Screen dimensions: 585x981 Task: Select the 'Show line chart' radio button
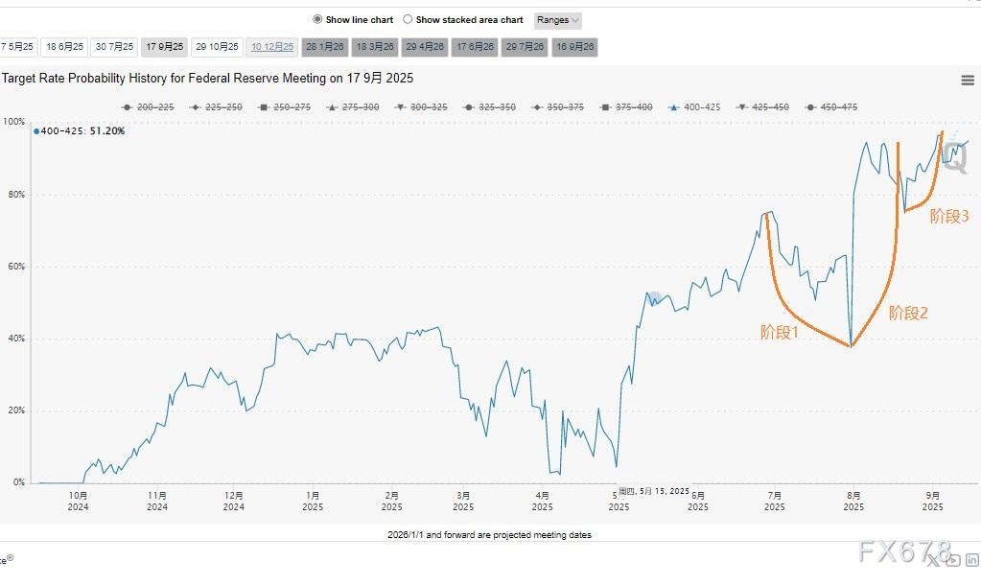point(318,19)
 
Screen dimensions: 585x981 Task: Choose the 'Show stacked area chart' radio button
point(408,19)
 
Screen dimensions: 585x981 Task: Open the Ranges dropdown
point(557,19)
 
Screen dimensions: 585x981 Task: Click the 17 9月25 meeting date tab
point(165,46)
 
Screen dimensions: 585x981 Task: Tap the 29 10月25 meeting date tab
point(217,46)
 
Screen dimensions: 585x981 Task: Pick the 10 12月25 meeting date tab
point(272,46)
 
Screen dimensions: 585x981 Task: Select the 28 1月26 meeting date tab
point(325,46)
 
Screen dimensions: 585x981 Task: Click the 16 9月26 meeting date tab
point(575,46)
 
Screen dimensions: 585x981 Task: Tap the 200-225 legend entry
point(149,107)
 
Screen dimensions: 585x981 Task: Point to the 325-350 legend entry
point(491,107)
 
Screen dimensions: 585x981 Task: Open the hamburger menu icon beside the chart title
point(967,81)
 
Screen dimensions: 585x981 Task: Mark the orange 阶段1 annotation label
point(780,332)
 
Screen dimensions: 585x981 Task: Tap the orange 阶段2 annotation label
point(908,313)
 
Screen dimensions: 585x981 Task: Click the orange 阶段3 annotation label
point(949,217)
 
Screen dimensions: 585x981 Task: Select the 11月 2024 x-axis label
point(157,501)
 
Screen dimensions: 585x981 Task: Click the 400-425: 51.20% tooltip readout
point(81,131)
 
